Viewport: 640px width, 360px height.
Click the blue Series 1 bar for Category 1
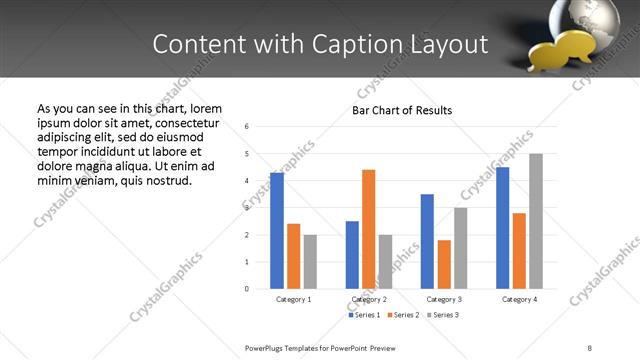277,230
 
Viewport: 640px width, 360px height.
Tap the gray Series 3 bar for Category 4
536,221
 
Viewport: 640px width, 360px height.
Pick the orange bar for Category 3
443,264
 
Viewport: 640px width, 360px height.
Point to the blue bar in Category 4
502,228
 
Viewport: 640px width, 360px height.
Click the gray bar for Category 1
310,262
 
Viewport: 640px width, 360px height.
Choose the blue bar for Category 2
352,255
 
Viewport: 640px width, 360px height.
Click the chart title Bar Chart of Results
402,110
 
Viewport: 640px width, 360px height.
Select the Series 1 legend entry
365,315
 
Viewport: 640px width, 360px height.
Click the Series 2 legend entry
404,315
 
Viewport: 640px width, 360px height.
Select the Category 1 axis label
293,299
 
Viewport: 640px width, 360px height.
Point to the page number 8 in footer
590,347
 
